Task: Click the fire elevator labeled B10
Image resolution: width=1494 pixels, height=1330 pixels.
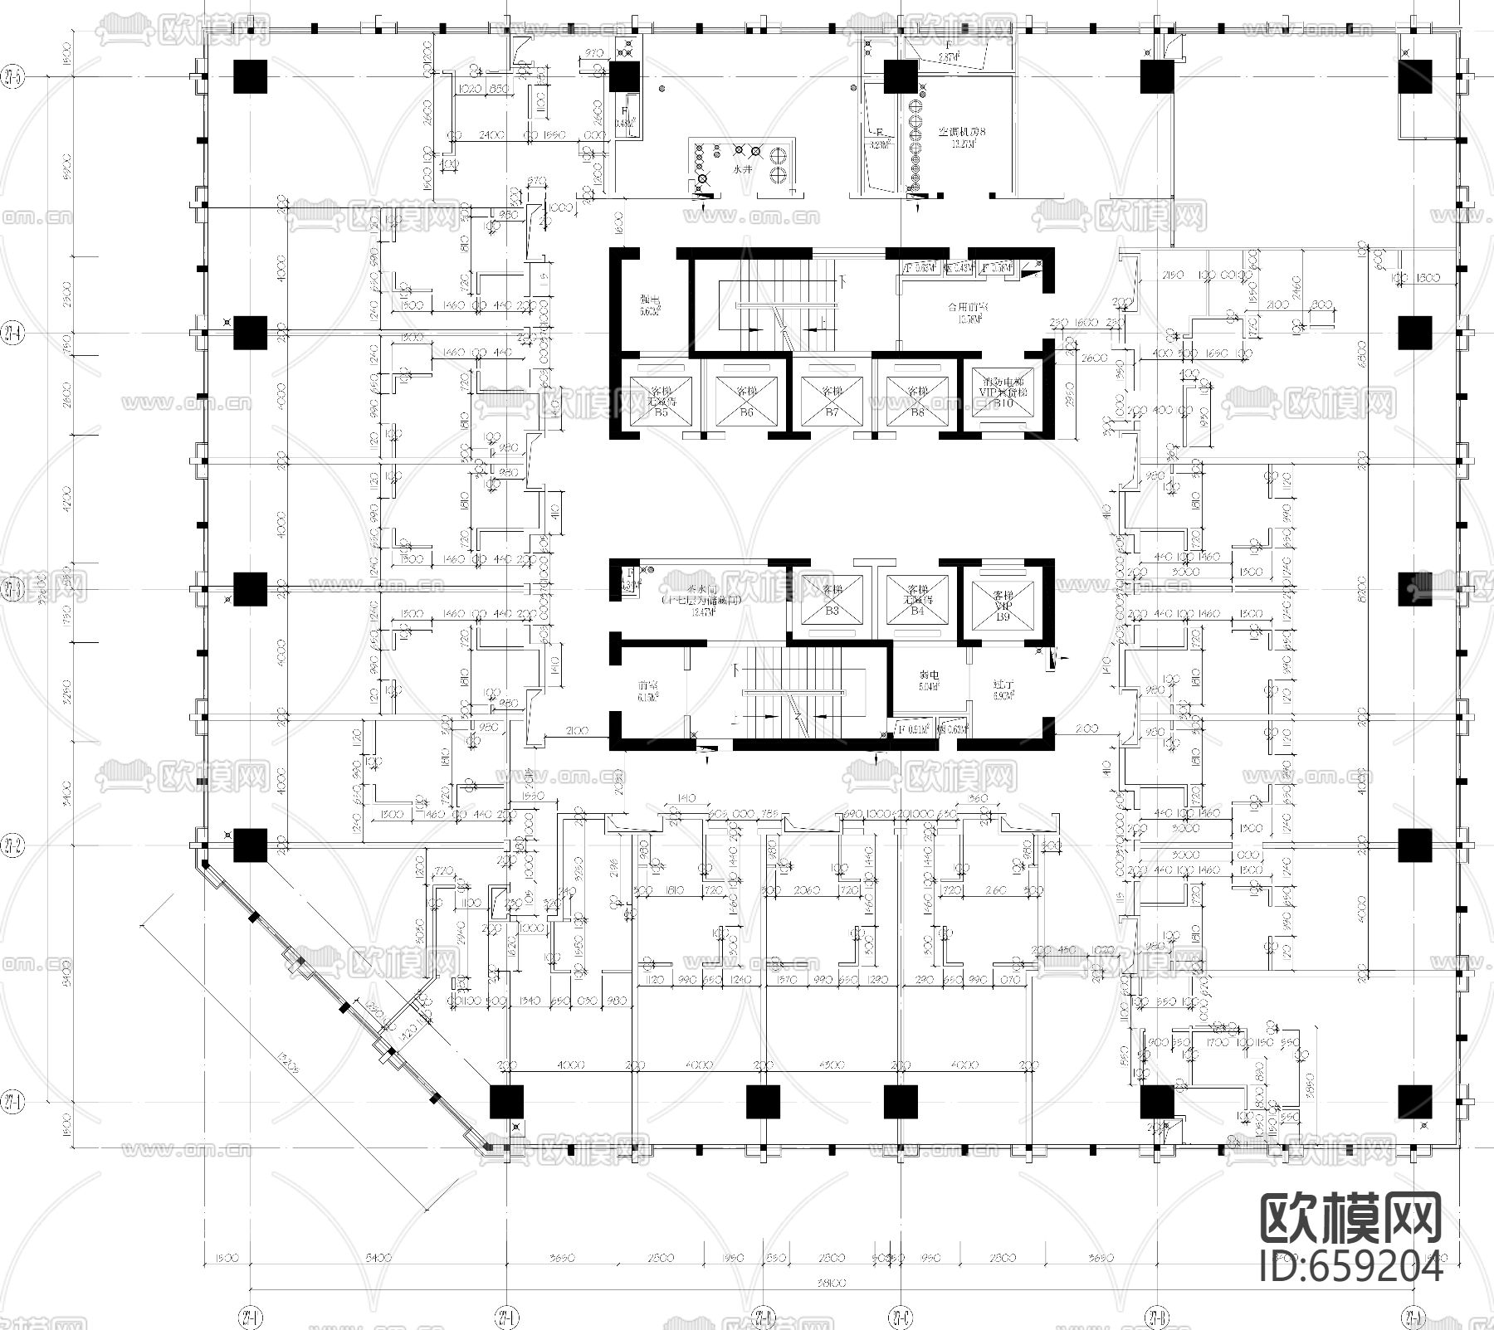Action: click(1003, 397)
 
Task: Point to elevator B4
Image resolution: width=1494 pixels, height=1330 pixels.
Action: click(916, 598)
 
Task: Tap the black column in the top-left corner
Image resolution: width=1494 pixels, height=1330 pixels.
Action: click(250, 76)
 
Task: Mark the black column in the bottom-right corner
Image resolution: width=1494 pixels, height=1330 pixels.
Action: click(1414, 1101)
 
